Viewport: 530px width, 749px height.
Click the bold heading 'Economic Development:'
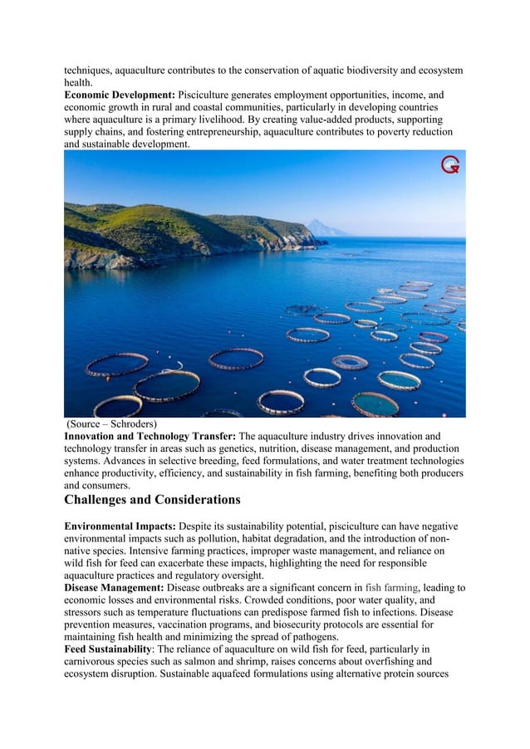click(120, 95)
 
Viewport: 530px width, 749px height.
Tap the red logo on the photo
click(449, 165)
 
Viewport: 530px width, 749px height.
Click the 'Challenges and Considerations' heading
click(152, 500)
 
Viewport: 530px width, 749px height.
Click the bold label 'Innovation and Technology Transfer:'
click(150, 436)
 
